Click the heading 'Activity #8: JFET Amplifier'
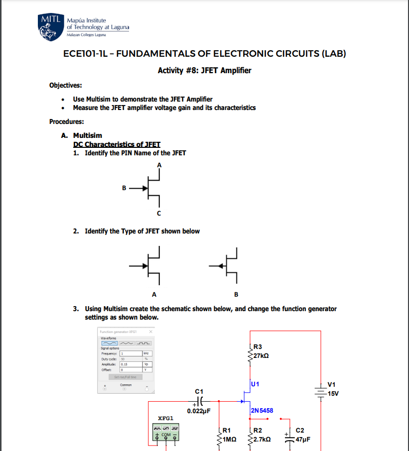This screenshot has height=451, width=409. [x=204, y=70]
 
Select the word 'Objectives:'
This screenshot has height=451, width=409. [x=66, y=86]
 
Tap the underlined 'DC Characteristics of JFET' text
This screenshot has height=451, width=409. [x=116, y=144]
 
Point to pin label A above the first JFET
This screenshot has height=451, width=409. [x=159, y=164]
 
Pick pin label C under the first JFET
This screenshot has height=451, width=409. [x=159, y=214]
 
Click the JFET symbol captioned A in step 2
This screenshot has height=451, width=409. [x=152, y=265]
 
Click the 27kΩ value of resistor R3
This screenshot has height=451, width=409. [x=261, y=356]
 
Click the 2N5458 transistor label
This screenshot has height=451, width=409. [x=262, y=411]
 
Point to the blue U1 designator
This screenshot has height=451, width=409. [x=255, y=384]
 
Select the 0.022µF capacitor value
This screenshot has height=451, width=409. [x=199, y=411]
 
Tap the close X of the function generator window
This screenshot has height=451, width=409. [x=150, y=332]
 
